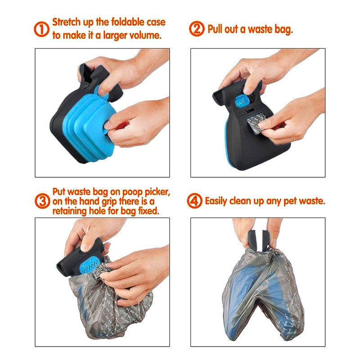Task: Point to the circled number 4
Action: (196, 201)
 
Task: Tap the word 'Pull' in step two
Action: (216, 30)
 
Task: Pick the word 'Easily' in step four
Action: (219, 201)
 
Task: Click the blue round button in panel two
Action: (245, 100)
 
